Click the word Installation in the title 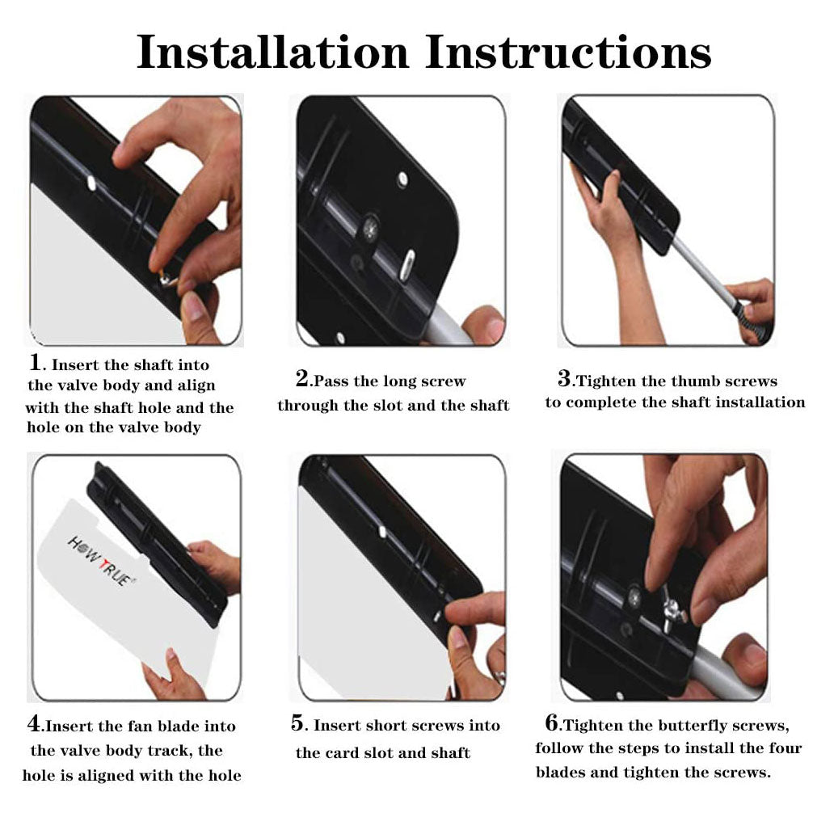point(273,52)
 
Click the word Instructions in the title point(569,52)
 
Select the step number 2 point(302,378)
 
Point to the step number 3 point(564,378)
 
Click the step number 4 point(34,723)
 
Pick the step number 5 point(297,723)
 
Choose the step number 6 point(552,722)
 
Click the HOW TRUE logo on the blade point(101,561)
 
